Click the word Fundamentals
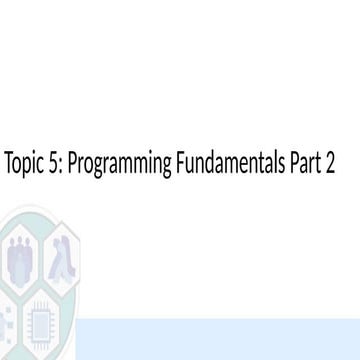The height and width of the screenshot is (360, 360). click(x=230, y=165)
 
